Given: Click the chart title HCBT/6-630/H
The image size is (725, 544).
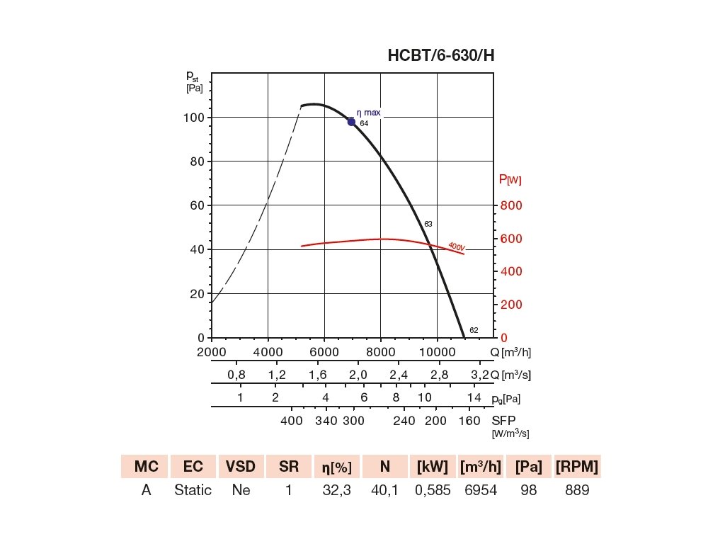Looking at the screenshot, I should pos(440,56).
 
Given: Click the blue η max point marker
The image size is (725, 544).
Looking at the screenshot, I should pos(351,122).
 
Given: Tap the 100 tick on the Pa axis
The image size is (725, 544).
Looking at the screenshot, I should pos(195,117).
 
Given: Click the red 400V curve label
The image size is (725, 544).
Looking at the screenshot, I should pos(456,247).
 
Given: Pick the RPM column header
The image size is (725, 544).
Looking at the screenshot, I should pos(577,467).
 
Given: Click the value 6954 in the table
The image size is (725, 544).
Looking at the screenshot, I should pos(481,490).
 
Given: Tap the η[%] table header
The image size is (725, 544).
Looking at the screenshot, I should pos(336,467).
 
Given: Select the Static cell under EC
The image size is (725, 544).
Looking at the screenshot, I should pos(193,490).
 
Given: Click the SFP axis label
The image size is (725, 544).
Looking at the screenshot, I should pos(503,420).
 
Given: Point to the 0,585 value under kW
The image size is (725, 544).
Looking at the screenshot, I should pos(433,490).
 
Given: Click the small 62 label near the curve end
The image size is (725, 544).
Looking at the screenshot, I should pos(474,331).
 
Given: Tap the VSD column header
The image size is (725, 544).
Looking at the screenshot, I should pos(241,467).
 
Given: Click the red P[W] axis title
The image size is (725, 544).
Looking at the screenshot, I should pos(510,180).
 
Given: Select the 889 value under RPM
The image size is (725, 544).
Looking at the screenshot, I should pos(577,490).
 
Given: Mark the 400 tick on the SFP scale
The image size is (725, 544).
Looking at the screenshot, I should pos(292,420).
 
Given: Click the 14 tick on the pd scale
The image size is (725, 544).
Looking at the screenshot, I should pos(474,397).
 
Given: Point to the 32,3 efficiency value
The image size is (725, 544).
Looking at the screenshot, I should pos(336,490).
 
